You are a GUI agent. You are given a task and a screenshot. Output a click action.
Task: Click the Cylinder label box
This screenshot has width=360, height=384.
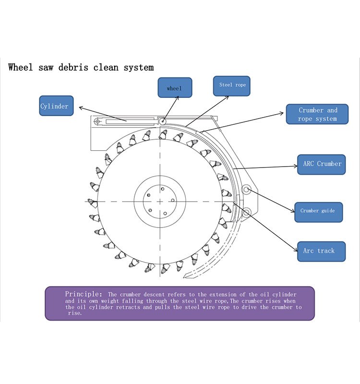[56, 106]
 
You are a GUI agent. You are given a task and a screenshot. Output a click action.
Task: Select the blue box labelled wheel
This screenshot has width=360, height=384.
[175, 88]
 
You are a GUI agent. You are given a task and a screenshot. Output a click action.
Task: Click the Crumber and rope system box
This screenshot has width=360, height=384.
[317, 114]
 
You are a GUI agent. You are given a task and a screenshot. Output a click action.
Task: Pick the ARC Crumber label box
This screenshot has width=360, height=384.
[321, 164]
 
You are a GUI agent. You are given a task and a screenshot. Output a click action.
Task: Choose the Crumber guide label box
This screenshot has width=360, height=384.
[318, 211]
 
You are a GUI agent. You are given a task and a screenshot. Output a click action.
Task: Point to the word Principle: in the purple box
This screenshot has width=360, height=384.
[83, 293]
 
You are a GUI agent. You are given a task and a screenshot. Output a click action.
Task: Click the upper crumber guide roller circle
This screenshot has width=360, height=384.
[247, 190]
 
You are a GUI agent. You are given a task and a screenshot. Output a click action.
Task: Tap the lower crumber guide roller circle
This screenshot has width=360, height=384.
[247, 212]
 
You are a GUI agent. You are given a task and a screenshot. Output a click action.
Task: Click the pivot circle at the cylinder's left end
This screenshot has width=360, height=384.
[97, 122]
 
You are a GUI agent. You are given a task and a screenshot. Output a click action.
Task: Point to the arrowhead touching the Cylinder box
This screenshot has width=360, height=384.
[80, 108]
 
